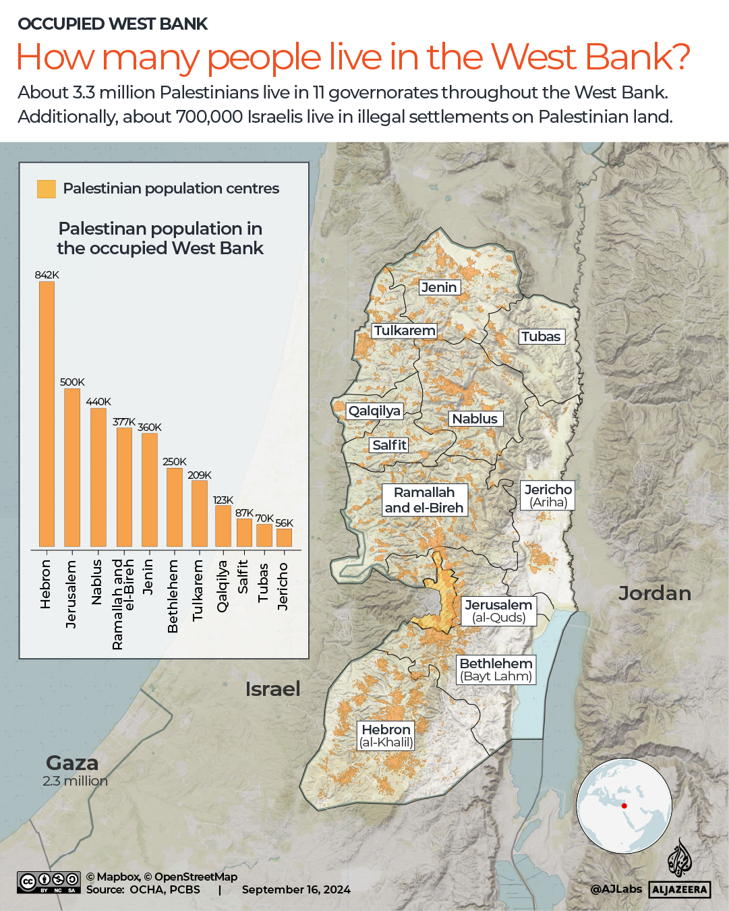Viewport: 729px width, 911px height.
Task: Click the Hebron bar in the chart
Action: (47, 413)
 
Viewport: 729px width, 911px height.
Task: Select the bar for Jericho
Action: (284, 537)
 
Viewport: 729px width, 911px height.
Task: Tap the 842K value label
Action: (47, 275)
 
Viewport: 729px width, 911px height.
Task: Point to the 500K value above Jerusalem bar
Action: (72, 382)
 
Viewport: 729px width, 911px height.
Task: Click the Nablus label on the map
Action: (475, 419)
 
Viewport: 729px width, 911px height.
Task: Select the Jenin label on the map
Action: (439, 287)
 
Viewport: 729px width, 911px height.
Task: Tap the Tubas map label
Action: (541, 336)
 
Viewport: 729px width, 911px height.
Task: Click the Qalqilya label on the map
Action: (374, 411)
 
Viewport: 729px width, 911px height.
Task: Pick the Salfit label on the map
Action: (389, 445)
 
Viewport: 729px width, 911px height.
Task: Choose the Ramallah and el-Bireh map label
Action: (424, 500)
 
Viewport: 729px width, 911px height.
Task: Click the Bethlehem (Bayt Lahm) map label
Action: (496, 670)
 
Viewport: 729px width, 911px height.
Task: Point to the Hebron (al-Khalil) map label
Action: (386, 736)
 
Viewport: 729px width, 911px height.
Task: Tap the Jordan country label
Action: (654, 593)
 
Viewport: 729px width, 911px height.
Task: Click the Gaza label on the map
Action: (72, 763)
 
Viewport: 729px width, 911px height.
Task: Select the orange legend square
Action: (47, 189)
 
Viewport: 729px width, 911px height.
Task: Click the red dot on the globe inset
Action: (624, 806)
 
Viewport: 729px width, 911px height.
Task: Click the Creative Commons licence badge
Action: (49, 882)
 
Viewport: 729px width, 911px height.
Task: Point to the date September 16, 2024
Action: (296, 889)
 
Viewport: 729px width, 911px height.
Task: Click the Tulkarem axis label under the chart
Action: (198, 590)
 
